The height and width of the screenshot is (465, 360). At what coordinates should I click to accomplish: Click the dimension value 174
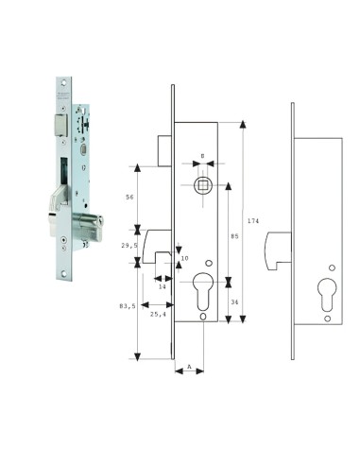252,220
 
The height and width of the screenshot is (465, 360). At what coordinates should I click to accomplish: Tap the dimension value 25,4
160,314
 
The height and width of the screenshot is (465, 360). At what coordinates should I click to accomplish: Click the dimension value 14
163,286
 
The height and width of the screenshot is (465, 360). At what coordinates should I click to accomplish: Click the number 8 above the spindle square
202,156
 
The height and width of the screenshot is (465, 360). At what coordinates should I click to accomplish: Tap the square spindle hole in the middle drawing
202,184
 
